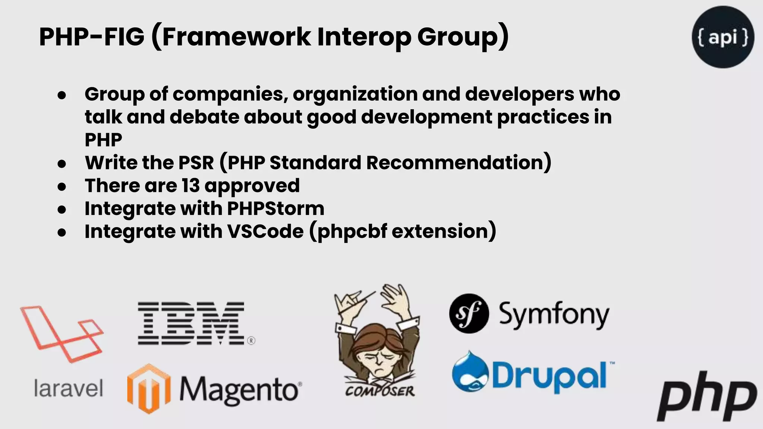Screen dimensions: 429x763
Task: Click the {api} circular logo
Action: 723,37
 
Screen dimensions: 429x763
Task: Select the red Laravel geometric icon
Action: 62,334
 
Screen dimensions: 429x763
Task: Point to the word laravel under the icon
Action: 68,388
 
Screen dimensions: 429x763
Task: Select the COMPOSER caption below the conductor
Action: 380,391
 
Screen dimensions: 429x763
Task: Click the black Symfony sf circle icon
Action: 469,313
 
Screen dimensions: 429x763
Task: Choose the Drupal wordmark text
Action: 550,376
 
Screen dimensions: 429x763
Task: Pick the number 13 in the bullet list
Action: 191,185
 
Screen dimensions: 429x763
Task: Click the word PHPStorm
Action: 276,209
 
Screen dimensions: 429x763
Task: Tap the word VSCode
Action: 265,231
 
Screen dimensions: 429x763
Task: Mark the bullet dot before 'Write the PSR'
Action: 62,163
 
